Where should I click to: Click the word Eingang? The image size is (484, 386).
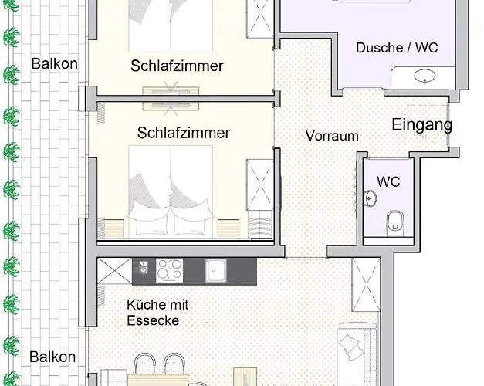point(421,125)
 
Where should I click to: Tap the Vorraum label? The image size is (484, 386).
point(332,136)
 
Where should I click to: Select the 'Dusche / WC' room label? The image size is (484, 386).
point(397,48)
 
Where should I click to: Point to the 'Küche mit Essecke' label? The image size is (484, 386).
point(157,312)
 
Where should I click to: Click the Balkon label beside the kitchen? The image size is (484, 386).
point(53,357)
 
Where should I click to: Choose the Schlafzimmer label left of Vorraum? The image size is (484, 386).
point(184,133)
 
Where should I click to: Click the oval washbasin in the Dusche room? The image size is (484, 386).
point(424,76)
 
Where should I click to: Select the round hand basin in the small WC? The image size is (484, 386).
point(371,198)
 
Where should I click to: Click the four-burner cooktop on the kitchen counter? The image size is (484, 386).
point(169,269)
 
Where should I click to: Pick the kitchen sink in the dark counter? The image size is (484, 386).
point(215,270)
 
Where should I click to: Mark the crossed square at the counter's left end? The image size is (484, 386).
point(114,271)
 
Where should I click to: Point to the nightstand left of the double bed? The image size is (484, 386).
point(113,228)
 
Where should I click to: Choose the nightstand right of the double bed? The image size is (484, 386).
point(229,229)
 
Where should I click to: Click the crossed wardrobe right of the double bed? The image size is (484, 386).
point(259,185)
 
